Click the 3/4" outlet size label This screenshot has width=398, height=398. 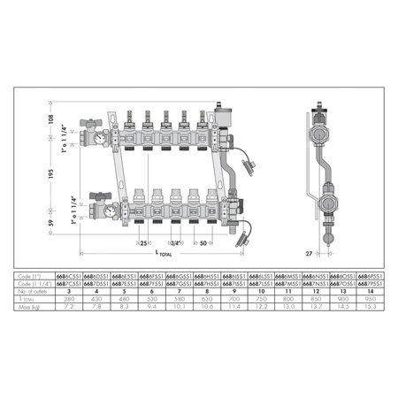[175, 242]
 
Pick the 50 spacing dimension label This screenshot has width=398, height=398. [203, 242]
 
